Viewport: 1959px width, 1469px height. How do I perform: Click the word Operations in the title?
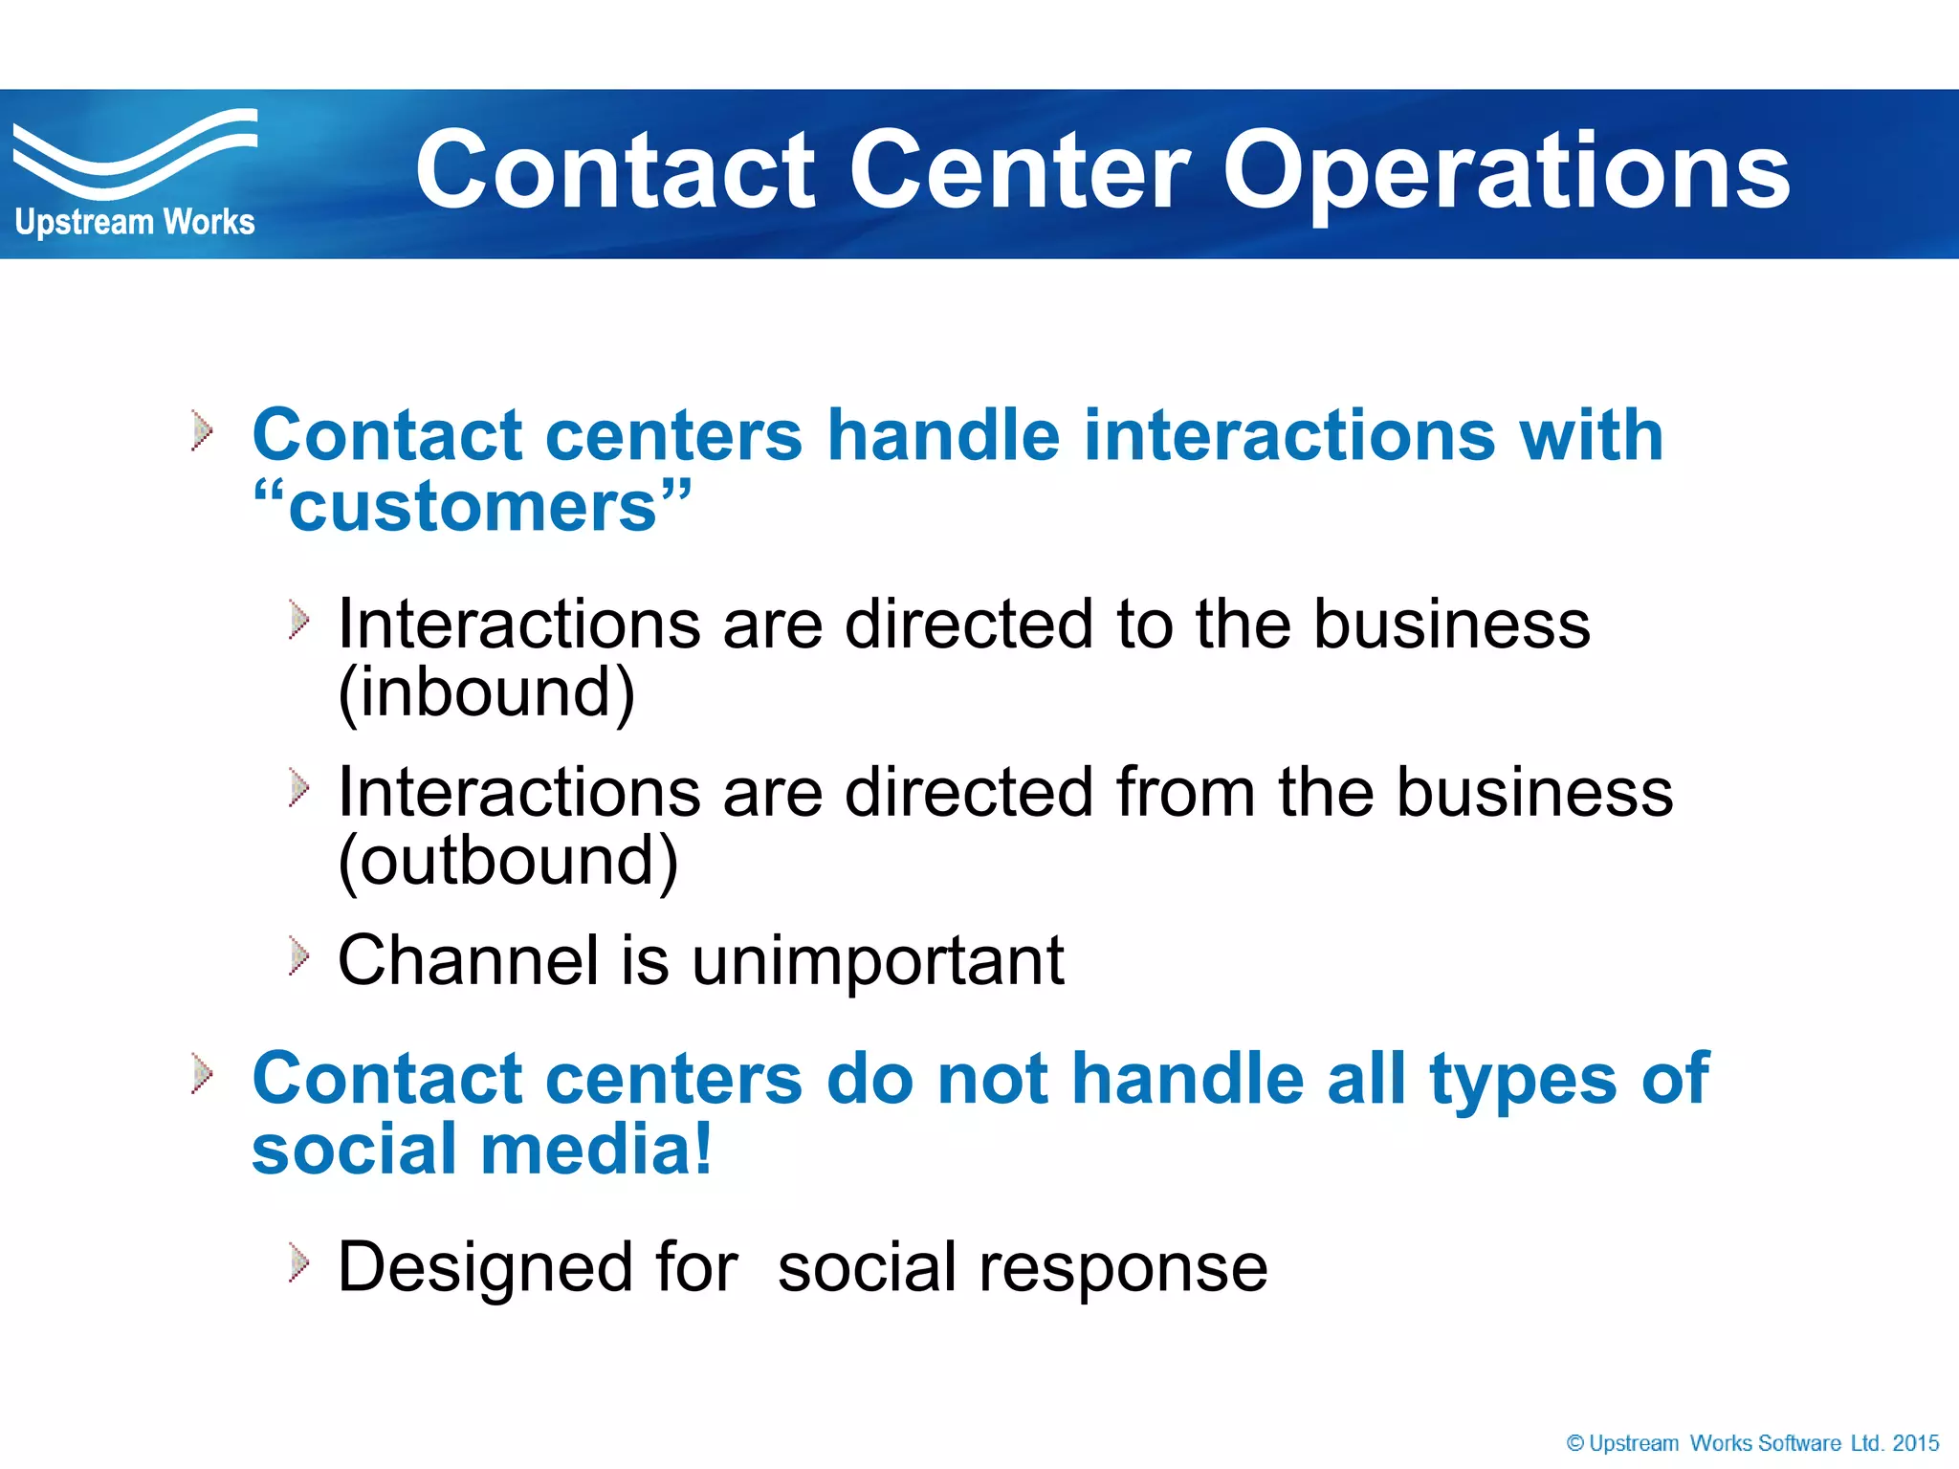(x=1506, y=172)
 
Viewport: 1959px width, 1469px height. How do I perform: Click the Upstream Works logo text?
(x=135, y=222)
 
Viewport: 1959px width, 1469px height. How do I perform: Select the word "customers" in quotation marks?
(x=472, y=507)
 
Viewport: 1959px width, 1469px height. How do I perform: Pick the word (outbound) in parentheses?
(x=508, y=860)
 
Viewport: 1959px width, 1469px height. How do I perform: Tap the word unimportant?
(x=877, y=960)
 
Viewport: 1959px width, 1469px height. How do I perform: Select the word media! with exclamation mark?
(x=597, y=1150)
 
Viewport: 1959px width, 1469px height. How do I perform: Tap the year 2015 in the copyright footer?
(x=1915, y=1443)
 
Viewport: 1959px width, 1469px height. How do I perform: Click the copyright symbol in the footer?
(x=1574, y=1443)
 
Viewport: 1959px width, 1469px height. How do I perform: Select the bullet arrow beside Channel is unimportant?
(x=299, y=956)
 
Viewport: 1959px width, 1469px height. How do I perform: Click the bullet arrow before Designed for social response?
(x=299, y=1263)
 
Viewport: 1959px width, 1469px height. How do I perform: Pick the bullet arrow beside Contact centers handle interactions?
(x=202, y=430)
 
